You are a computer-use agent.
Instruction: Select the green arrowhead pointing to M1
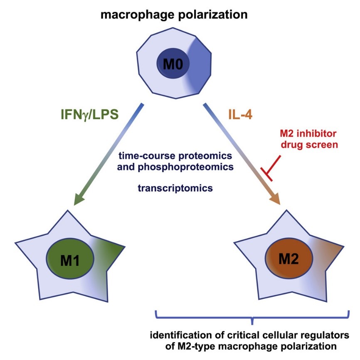point(81,200)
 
